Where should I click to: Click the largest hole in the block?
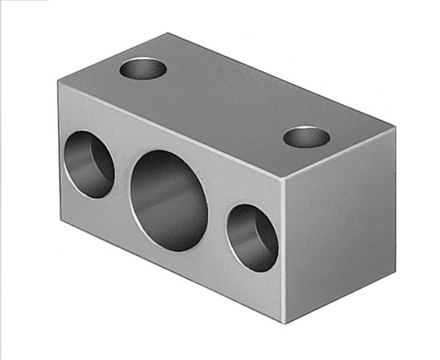coord(169,200)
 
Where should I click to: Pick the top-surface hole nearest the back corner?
coord(143,69)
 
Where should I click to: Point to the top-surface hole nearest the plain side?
coord(306,138)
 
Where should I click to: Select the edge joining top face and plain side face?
coord(340,153)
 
